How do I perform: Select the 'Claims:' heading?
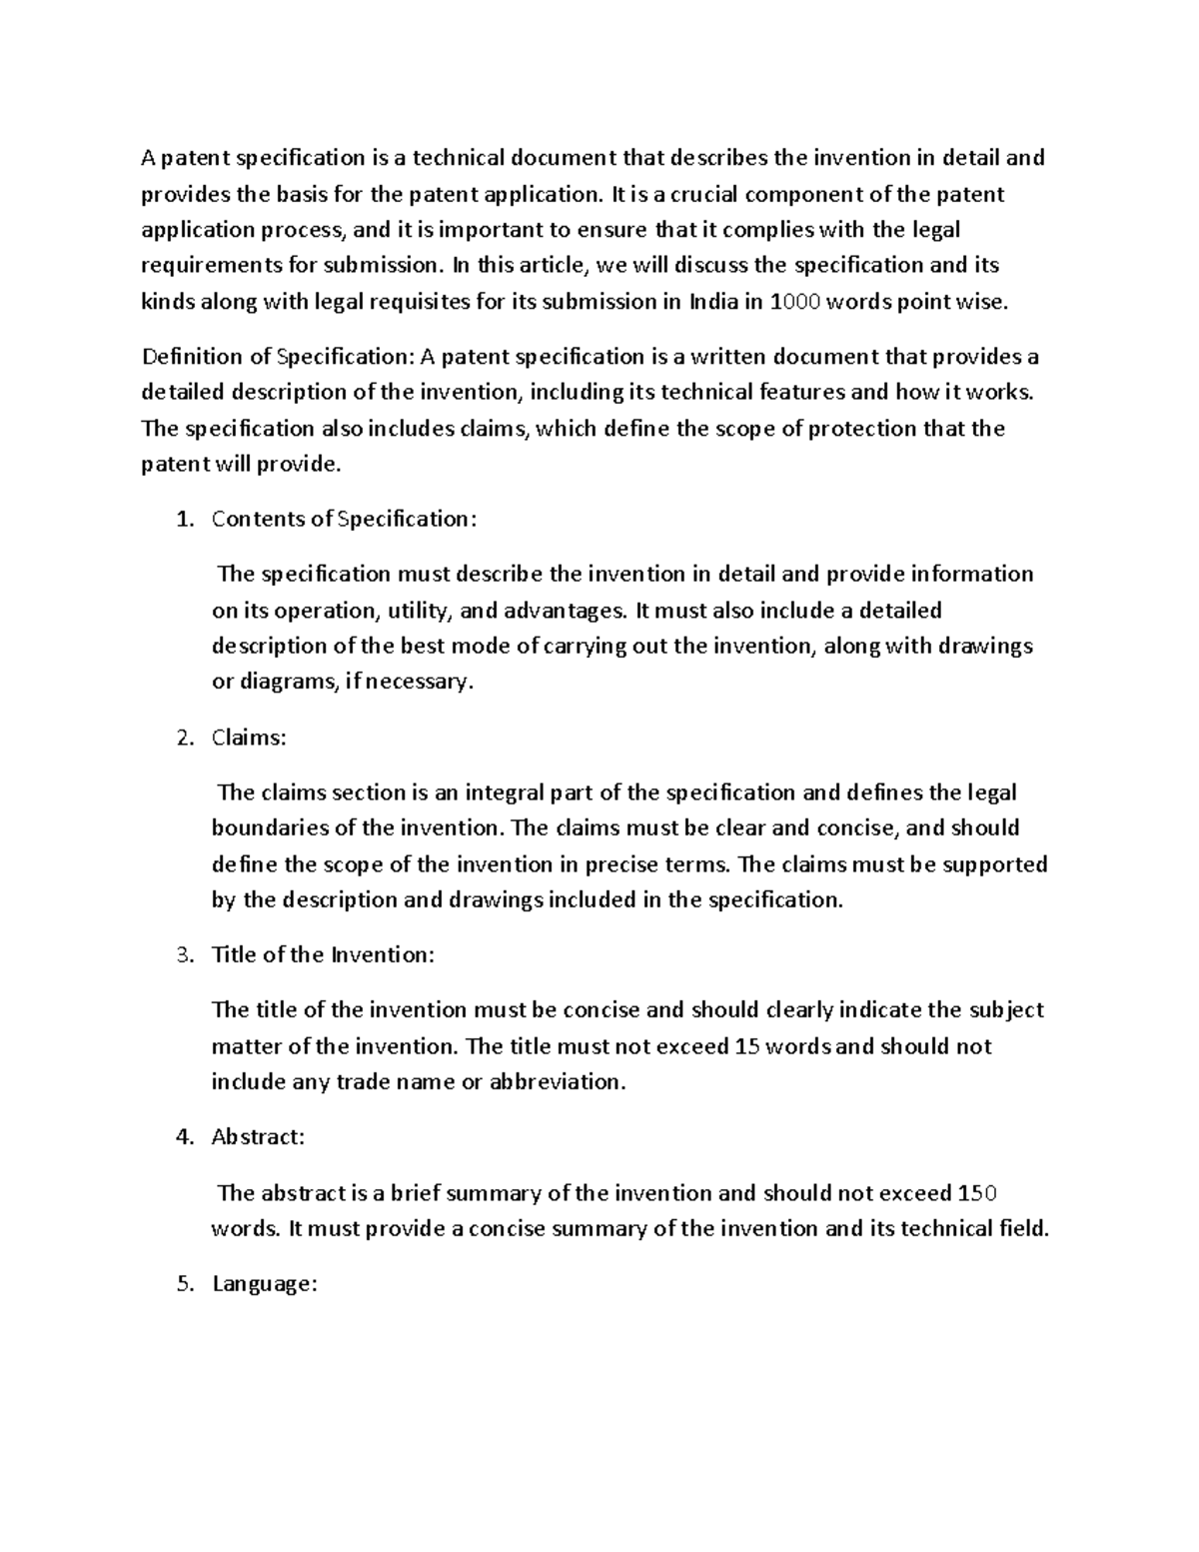click(x=249, y=738)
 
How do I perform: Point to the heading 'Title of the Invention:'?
click(x=323, y=954)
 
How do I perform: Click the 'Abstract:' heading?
click(x=258, y=1137)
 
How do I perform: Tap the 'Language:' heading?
click(x=264, y=1285)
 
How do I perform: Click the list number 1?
click(x=181, y=519)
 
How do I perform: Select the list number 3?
click(x=181, y=954)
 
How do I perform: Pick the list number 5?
click(x=181, y=1285)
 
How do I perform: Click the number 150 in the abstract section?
click(x=977, y=1193)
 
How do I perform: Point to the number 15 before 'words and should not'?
click(x=745, y=1046)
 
